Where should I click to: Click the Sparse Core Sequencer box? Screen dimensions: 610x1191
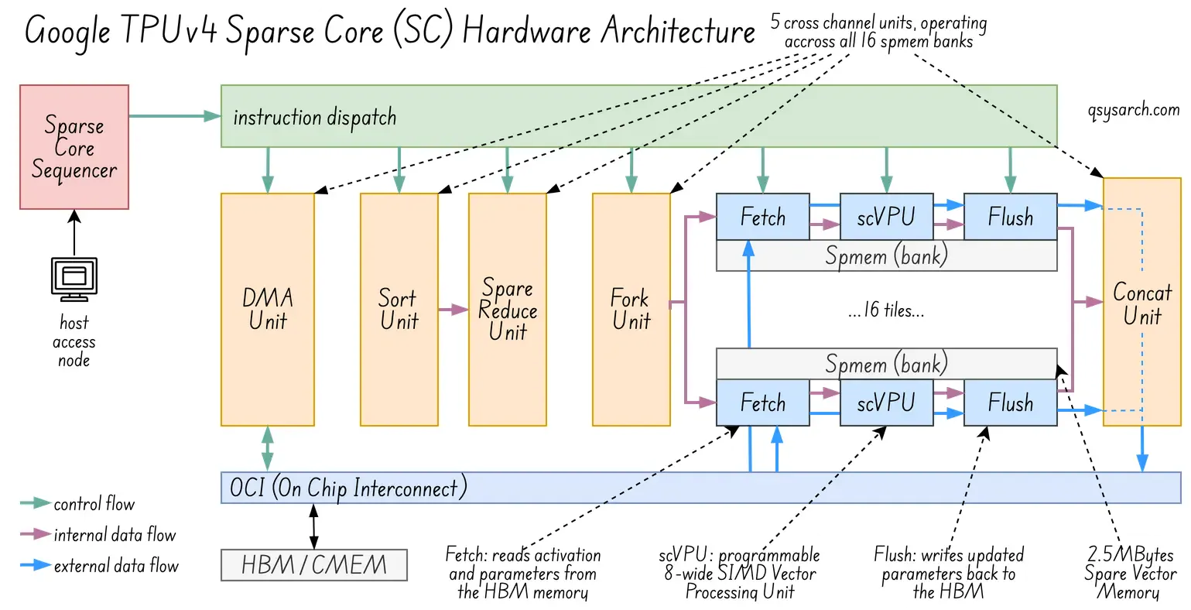tap(74, 147)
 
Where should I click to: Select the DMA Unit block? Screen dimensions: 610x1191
tap(267, 310)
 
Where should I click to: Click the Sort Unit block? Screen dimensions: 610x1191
tap(399, 310)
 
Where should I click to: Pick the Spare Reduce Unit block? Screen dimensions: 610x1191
tap(507, 310)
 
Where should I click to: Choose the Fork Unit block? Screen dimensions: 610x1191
tap(631, 310)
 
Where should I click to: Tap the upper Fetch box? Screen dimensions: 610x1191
tap(762, 217)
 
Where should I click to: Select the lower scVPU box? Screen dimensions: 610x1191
tap(886, 403)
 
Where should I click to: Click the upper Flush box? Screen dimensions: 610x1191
tap(1010, 217)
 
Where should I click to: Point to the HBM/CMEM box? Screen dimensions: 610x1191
tap(313, 565)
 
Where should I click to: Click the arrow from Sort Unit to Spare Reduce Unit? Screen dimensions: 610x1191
tap(453, 310)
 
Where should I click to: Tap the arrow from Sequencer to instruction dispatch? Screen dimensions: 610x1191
tap(175, 116)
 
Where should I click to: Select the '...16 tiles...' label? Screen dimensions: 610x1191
tap(886, 311)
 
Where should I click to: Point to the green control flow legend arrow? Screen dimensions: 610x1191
tap(34, 505)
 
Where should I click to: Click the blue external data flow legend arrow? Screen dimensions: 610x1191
tap(34, 567)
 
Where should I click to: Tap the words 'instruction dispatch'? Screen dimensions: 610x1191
tap(314, 118)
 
